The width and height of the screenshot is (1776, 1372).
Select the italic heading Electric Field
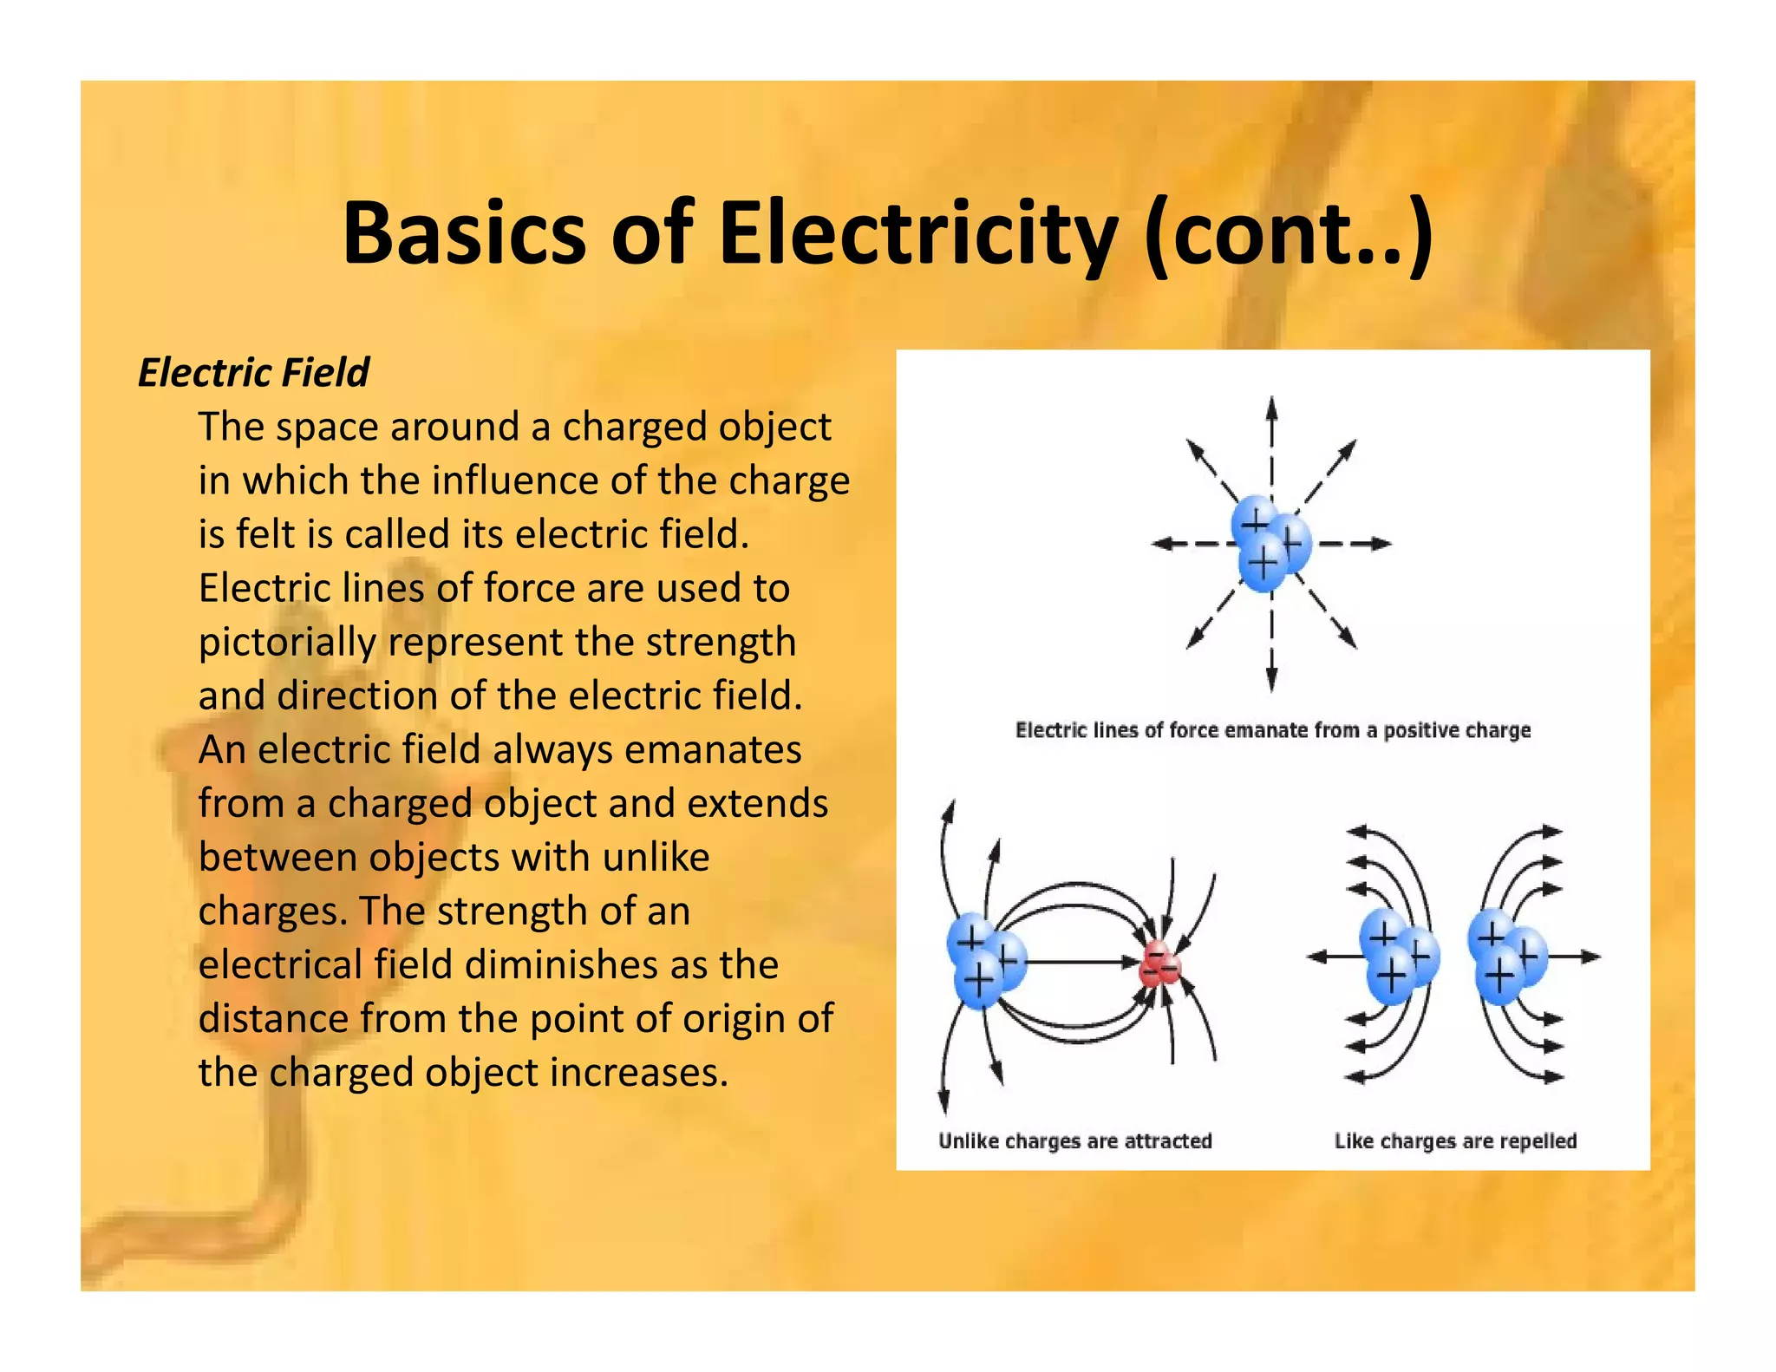pyautogui.click(x=253, y=373)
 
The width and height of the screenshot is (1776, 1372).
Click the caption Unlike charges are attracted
pyautogui.click(x=1074, y=1140)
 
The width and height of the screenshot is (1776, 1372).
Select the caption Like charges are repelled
pyautogui.click(x=1455, y=1140)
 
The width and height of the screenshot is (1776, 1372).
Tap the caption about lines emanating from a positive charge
pyautogui.click(x=1272, y=730)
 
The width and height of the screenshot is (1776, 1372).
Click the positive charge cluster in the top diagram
pyautogui.click(x=1270, y=543)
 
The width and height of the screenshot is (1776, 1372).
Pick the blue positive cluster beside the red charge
pyautogui.click(x=986, y=960)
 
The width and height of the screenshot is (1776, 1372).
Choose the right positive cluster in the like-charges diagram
pyautogui.click(x=1506, y=957)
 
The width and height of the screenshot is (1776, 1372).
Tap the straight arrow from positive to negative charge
pyautogui.click(x=1080, y=962)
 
